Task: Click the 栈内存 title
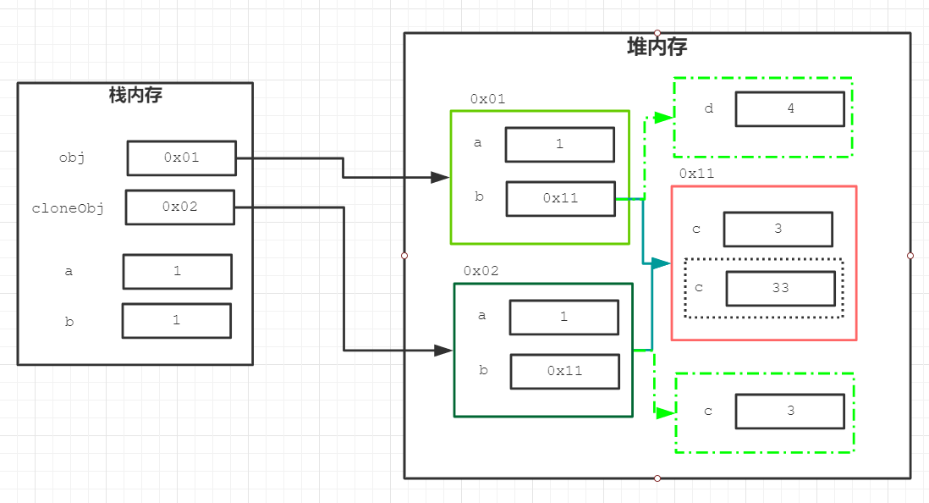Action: (135, 95)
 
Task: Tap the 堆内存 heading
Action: (657, 47)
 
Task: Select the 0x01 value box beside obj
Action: (182, 158)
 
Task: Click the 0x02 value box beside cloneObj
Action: (180, 207)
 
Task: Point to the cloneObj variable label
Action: (69, 208)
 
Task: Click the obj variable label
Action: (72, 158)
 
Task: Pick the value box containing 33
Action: (781, 288)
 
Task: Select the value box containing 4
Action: (790, 109)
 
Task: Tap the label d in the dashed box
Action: (709, 108)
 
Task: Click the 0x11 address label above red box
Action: (697, 174)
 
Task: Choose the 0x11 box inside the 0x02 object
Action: (565, 371)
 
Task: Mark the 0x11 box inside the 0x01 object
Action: (561, 199)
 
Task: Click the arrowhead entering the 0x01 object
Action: (440, 177)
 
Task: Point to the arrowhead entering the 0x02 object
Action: (443, 351)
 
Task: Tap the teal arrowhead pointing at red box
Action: (661, 263)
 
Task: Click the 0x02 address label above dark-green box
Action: (481, 271)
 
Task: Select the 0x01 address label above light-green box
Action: (487, 99)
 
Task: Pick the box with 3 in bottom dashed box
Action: (790, 411)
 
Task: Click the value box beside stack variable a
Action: (178, 272)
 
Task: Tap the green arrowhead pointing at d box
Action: (664, 117)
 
